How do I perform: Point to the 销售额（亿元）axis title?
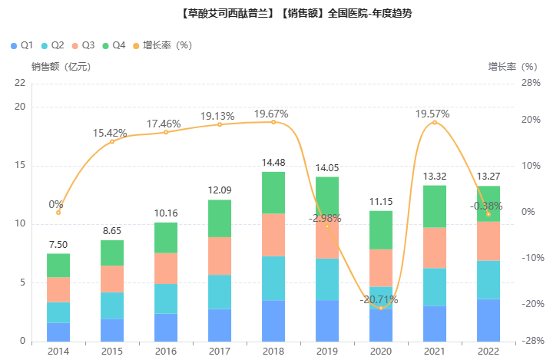pos(61,67)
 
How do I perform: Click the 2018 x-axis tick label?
pos(273,352)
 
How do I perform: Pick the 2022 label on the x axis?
pos(488,352)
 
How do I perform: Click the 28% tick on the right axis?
pos(530,83)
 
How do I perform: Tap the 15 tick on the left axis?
pos(20,165)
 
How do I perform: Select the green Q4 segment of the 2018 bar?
pos(273,192)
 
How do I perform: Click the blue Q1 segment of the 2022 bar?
pos(488,320)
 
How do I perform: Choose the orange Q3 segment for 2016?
pos(166,268)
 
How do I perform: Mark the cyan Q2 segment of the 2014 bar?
pos(58,312)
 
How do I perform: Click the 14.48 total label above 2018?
pos(273,163)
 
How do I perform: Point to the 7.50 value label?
pos(58,245)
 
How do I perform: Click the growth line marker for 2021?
pos(435,122)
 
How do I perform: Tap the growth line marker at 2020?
pos(381,307)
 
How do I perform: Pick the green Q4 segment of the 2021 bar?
pos(435,206)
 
